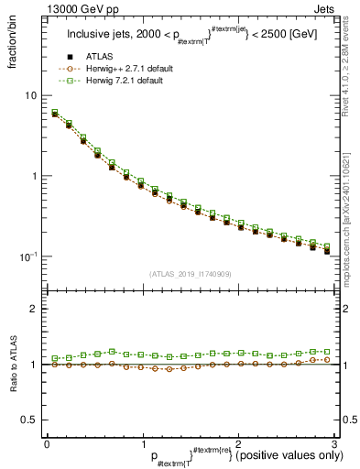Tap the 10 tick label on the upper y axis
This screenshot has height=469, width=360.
click(x=31, y=95)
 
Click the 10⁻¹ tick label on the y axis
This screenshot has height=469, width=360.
click(x=28, y=256)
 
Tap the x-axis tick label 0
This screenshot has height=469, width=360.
click(x=47, y=442)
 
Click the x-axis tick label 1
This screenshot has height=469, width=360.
click(x=142, y=442)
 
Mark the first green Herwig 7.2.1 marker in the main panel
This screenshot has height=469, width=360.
click(x=55, y=113)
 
